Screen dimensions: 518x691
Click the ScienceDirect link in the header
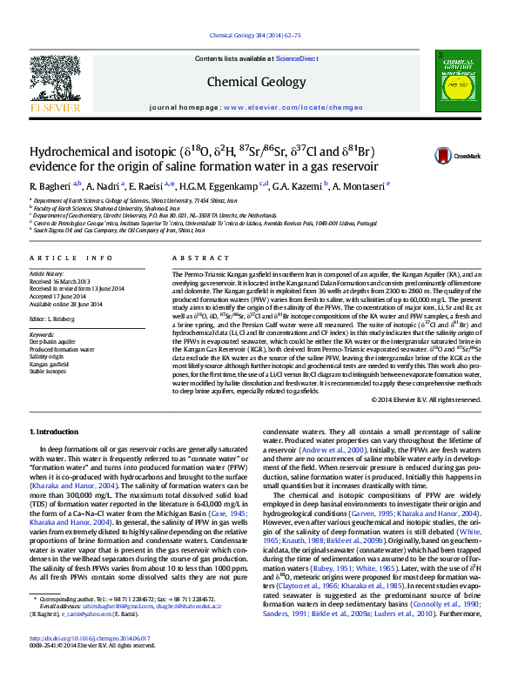(x=297, y=58)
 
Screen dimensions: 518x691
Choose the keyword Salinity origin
(x=47, y=355)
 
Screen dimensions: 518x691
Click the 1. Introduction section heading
(x=55, y=433)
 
